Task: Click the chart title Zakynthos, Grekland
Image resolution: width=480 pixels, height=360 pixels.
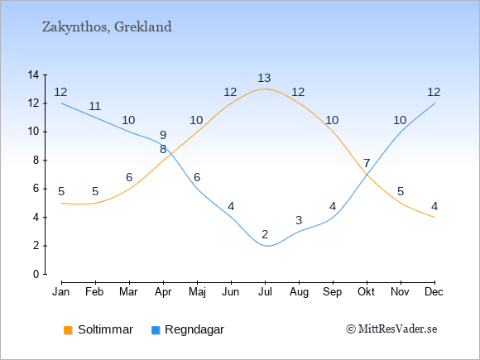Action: pos(107,27)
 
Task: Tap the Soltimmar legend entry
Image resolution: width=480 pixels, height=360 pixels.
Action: pos(98,329)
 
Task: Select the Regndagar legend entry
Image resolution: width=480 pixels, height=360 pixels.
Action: pos(188,329)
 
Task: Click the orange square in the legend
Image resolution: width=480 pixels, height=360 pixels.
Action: pos(68,330)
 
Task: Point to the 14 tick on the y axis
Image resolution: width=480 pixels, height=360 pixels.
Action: pos(33,74)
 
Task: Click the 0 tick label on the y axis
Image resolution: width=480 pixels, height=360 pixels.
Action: pos(36,274)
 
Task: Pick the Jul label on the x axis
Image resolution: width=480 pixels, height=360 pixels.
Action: pos(265,292)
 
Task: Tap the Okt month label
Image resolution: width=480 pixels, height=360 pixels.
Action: pos(367,292)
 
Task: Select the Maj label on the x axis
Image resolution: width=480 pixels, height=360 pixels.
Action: pos(197,292)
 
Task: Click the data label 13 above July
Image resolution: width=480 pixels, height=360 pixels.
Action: pos(264,78)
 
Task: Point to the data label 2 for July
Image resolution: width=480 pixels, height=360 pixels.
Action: pos(265,234)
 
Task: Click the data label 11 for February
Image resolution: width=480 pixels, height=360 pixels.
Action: pos(95,106)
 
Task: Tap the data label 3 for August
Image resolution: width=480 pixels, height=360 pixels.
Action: pos(299,220)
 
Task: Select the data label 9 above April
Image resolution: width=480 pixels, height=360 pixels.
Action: pos(163,135)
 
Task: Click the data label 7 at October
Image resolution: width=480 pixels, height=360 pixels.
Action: pos(367,163)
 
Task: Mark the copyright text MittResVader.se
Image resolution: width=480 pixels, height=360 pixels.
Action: pos(391,329)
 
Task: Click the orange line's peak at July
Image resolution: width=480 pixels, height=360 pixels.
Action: pos(265,89)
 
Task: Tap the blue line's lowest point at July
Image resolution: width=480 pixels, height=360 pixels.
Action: pos(267,246)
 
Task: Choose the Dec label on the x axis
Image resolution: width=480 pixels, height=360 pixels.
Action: pos(434,292)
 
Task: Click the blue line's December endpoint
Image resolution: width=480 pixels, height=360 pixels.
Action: pos(434,103)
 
